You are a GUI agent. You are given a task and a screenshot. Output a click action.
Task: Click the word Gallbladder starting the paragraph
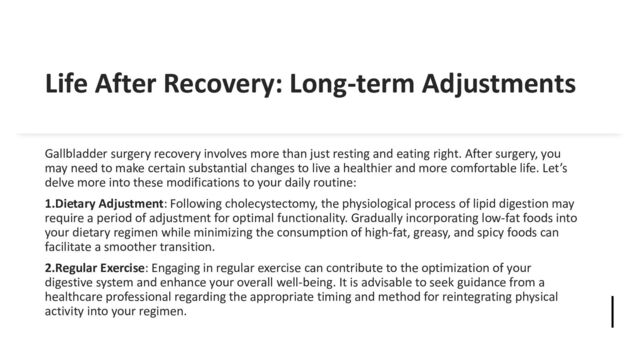pos(83,156)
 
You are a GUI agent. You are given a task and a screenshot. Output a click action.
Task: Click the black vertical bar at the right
pos(611,311)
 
